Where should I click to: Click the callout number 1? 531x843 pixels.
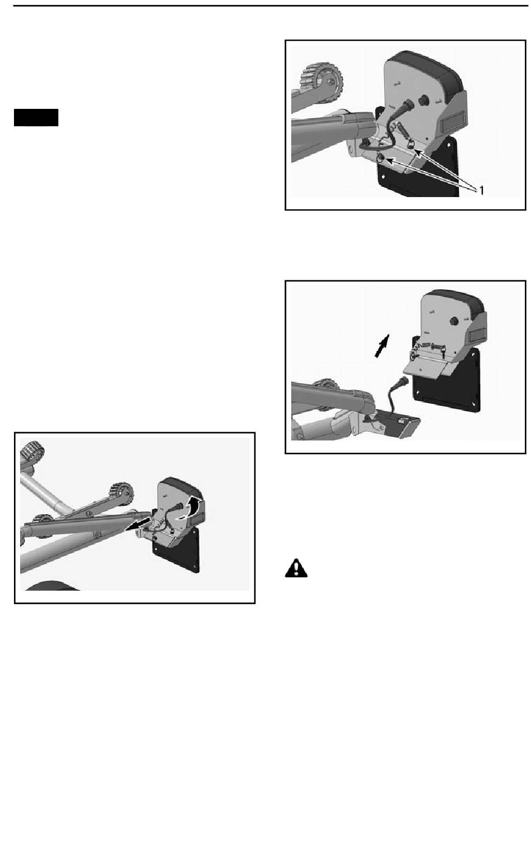481,190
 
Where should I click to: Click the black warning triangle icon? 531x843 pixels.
296,568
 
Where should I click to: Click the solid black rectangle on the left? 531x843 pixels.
36,117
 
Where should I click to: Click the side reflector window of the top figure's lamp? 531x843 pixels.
452,123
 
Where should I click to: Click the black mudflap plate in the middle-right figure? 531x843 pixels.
447,380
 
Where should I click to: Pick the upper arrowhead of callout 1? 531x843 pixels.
418,152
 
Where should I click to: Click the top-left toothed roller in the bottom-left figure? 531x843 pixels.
32,451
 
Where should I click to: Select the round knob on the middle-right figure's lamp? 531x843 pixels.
454,321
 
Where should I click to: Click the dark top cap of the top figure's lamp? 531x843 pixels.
426,68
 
